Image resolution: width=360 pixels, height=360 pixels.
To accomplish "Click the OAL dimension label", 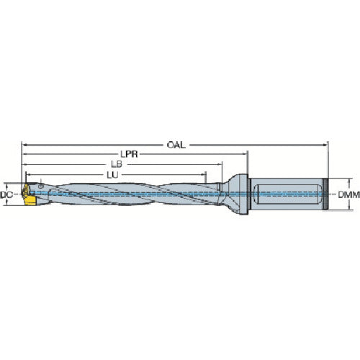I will click(176, 144).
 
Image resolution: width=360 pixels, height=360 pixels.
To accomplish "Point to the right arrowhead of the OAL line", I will click(325, 144).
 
